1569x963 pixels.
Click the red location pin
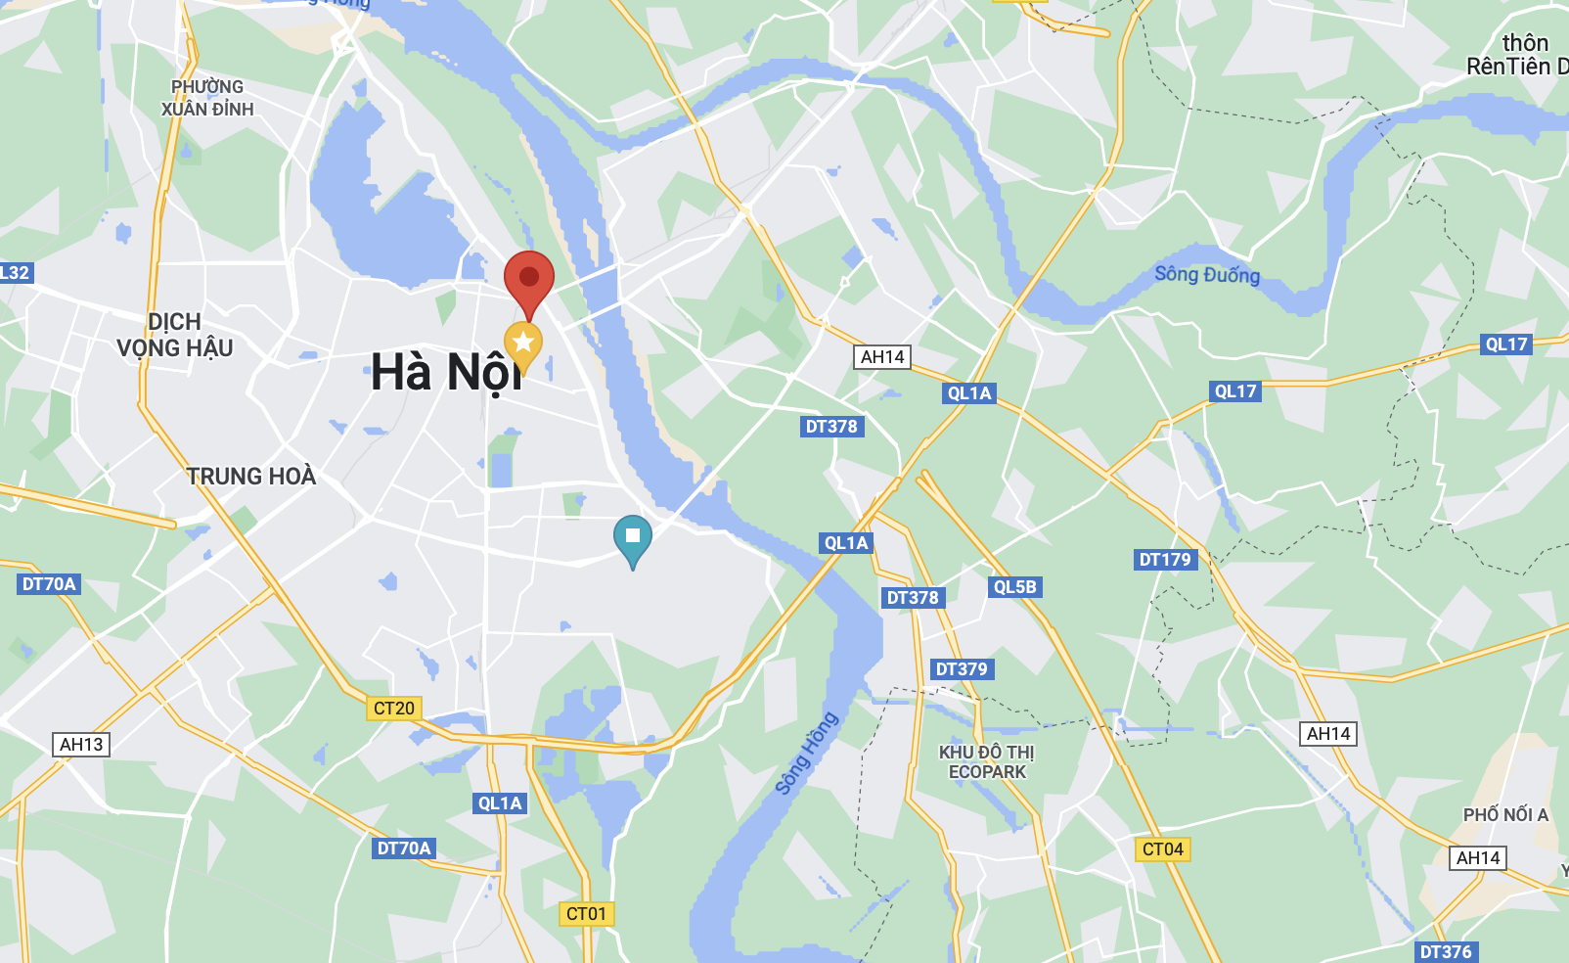click(x=529, y=278)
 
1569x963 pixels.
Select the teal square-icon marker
click(x=633, y=536)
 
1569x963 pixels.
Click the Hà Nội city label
click(x=446, y=373)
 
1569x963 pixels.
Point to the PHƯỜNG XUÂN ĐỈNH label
click(x=207, y=98)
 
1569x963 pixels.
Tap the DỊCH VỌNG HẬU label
click(x=175, y=335)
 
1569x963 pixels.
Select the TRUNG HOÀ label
click(x=251, y=477)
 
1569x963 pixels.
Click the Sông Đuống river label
click(x=1207, y=274)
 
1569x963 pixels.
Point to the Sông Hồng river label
click(x=806, y=753)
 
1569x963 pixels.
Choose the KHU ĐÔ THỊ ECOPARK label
click(x=987, y=761)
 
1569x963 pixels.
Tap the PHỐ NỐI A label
click(x=1505, y=814)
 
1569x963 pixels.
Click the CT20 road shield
click(x=394, y=708)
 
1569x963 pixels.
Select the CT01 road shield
click(x=587, y=913)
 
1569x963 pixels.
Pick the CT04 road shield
click(x=1163, y=848)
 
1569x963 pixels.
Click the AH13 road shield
click(x=81, y=744)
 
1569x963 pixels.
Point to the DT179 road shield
click(x=1165, y=559)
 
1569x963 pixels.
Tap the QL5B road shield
click(x=1014, y=586)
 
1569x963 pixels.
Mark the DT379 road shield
click(x=962, y=668)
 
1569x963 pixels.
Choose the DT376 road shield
click(x=1446, y=951)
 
